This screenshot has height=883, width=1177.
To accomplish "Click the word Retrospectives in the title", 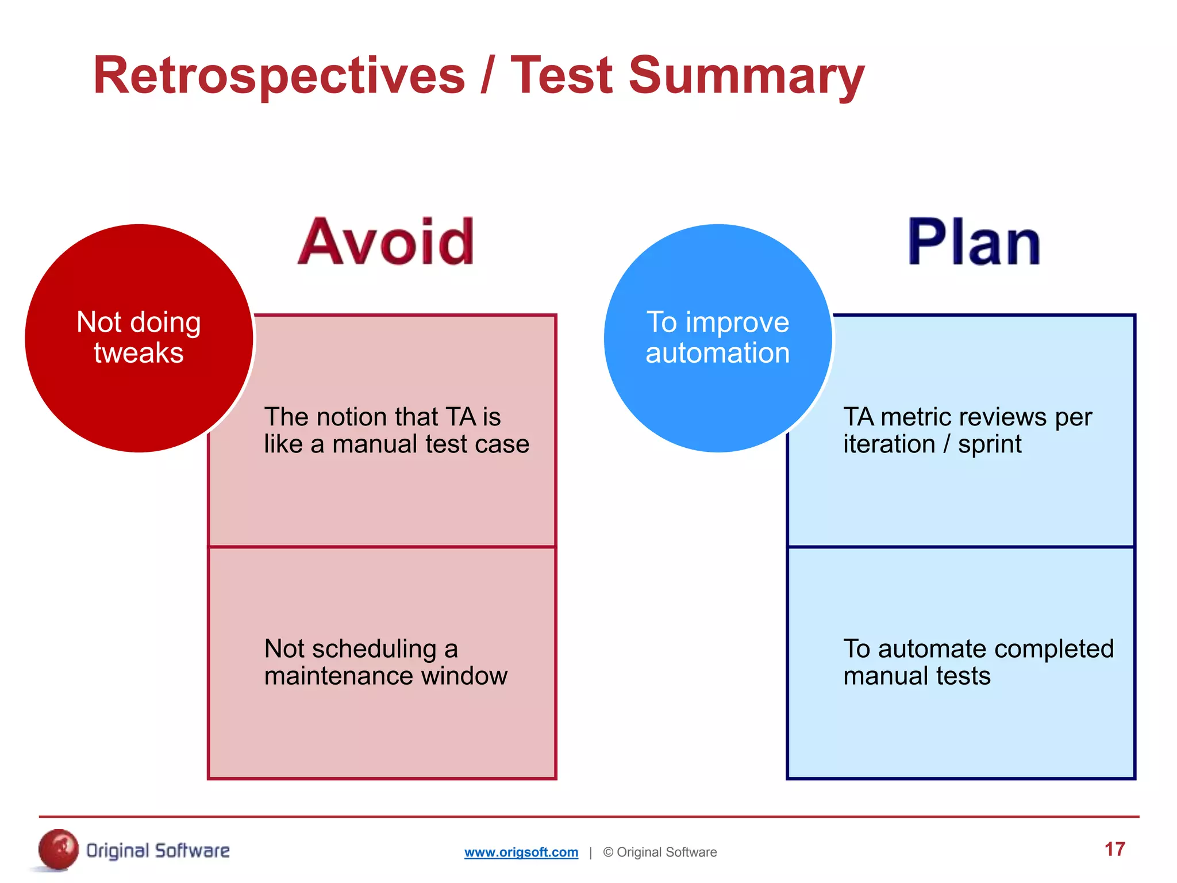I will point(279,76).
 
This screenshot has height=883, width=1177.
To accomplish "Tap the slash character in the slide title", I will point(487,75).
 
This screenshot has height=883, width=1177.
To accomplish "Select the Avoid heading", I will point(386,242).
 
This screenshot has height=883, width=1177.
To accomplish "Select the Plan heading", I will point(974,242).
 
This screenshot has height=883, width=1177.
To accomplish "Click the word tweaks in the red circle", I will point(139,352).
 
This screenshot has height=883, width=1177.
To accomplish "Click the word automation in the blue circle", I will point(717,352).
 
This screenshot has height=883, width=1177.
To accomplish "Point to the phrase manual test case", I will point(430,444).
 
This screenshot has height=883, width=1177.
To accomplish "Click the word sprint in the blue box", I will point(990,444).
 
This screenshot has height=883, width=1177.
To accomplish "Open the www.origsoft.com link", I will point(521,852).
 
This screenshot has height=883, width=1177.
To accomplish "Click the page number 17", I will point(1114,849).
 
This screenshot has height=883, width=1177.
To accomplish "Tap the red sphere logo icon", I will point(58,849).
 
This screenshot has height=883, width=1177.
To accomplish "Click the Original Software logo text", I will point(157,851).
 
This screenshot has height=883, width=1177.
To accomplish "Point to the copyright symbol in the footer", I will point(608,852).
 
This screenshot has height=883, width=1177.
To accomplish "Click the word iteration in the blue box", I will point(888,444).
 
